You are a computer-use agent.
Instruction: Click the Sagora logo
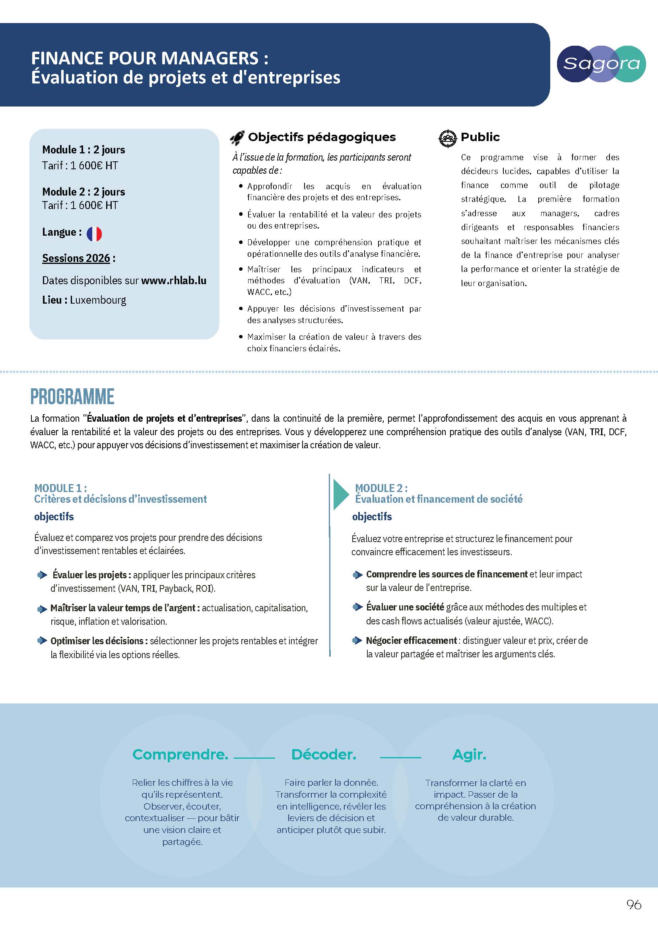601,64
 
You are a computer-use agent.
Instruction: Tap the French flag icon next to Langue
94,234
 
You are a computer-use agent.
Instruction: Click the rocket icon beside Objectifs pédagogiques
237,138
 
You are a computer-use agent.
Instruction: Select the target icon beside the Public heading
448,138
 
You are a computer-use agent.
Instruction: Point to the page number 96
634,904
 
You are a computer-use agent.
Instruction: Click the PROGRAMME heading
72,397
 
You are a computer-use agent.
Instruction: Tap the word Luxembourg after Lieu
98,300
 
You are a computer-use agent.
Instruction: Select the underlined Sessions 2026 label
76,258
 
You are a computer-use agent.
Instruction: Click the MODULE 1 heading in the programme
60,488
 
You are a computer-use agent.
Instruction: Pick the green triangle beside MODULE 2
340,494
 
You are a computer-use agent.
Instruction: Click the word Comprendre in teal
180,755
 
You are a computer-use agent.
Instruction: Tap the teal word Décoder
324,755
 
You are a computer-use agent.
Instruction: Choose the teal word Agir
469,755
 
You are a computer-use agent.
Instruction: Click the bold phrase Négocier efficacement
411,640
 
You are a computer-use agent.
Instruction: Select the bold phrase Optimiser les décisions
97,641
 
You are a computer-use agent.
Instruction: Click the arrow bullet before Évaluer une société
357,607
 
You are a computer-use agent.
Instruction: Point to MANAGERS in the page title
210,58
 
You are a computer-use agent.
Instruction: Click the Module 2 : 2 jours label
83,192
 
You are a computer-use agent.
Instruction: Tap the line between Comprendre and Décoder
254,757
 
